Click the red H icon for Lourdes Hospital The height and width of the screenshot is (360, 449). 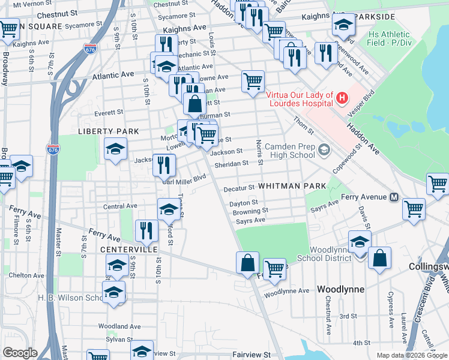342,97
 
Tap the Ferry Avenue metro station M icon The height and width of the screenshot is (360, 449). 395,197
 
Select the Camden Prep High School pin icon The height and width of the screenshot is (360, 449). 325,149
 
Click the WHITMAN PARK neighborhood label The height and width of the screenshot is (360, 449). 292,186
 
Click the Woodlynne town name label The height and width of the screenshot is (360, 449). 340,289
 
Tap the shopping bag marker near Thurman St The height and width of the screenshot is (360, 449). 194,104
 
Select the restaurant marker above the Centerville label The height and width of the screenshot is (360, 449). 146,230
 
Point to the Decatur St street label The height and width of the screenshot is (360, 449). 240,188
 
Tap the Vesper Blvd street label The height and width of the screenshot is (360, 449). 368,103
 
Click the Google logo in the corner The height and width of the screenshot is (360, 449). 20,353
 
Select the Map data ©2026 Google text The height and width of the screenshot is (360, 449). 411,355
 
